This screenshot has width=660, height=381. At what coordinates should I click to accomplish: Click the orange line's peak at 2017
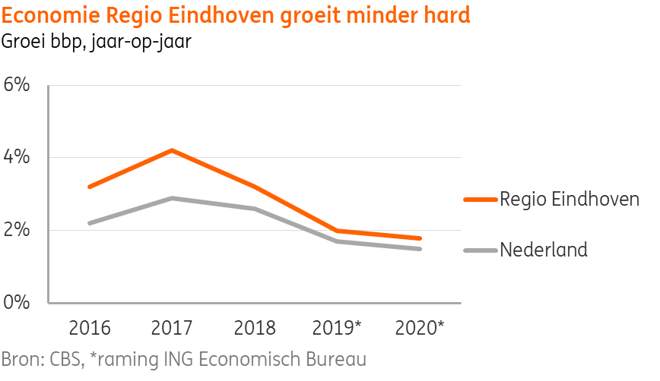tap(173, 150)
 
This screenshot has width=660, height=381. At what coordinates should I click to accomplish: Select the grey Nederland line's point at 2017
tap(173, 198)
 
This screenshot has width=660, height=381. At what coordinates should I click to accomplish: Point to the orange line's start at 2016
tap(90, 187)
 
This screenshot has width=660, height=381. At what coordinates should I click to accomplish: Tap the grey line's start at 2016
tap(90, 223)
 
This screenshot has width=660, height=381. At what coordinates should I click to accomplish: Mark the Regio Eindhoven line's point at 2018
tap(255, 187)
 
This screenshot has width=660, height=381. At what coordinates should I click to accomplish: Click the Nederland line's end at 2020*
tap(420, 248)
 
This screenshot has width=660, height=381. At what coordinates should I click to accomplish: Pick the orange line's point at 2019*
tap(337, 231)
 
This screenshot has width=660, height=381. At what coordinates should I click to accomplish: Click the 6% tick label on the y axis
tap(17, 84)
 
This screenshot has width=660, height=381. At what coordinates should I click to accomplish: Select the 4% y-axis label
tap(17, 157)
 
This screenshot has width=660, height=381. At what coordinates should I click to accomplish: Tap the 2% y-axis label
tap(17, 230)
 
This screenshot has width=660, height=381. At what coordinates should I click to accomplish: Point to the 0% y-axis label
tap(17, 302)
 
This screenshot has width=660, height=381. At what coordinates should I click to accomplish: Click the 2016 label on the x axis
tap(90, 328)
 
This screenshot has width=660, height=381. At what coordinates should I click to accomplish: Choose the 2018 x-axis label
tap(255, 328)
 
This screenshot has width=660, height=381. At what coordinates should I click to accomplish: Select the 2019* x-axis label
tap(338, 328)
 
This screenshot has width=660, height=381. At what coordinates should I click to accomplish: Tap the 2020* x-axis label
tap(420, 328)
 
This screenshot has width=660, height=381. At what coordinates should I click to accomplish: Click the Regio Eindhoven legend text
tap(569, 200)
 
